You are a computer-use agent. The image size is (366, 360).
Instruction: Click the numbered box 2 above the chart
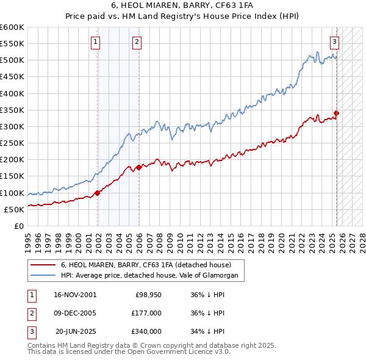[137, 42]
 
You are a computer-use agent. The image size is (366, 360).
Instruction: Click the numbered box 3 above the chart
[335, 42]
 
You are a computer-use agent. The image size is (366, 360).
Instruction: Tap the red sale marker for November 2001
[98, 193]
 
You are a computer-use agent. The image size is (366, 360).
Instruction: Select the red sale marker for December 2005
[138, 167]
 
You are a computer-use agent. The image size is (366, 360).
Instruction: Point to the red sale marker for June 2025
[336, 113]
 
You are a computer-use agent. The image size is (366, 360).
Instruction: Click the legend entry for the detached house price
[146, 265]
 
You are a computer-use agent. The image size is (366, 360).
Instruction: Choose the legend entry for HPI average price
[152, 276]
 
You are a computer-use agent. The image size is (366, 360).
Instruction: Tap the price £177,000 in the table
[147, 313]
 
